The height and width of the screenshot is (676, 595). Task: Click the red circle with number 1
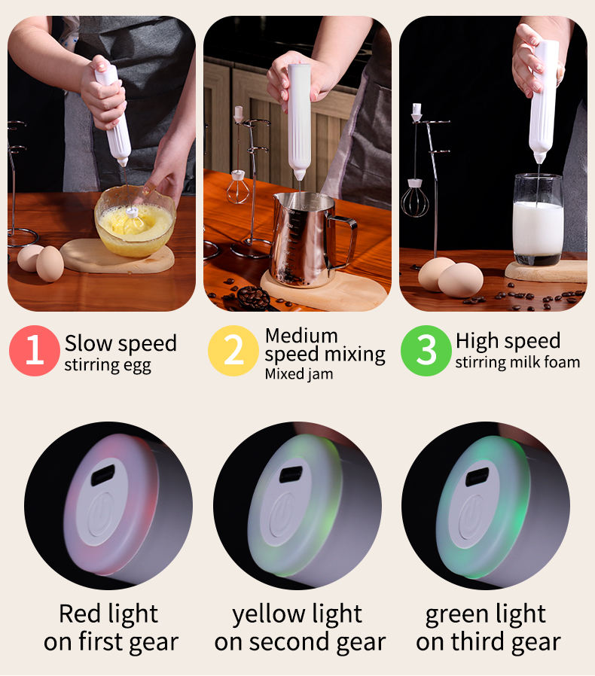click(35, 351)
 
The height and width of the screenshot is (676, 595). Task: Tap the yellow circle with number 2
click(233, 351)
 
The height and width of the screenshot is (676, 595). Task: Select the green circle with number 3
click(426, 351)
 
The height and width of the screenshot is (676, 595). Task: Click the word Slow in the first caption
click(89, 343)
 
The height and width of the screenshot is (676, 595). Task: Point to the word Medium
click(301, 336)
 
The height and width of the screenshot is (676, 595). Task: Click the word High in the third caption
click(477, 340)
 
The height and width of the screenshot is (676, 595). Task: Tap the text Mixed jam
click(299, 374)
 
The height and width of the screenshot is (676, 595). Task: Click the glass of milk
click(538, 220)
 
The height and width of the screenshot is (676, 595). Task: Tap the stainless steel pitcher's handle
click(343, 242)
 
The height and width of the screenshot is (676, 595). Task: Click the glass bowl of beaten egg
click(135, 221)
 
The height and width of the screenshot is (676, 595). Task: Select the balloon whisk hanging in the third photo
click(415, 198)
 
